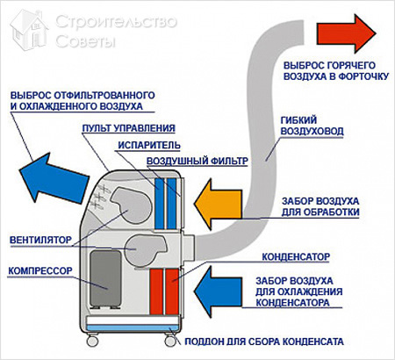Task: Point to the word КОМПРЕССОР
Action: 44,271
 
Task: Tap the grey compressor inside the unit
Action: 104,280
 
